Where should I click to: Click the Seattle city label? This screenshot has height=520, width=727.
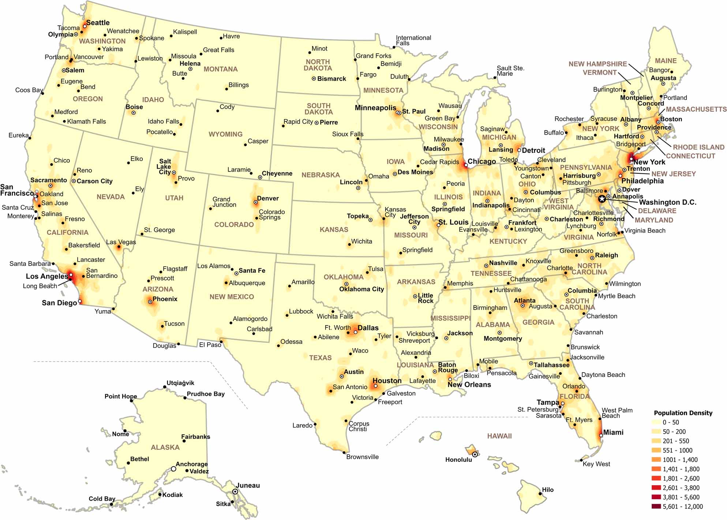98,23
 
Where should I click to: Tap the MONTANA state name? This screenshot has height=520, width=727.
221,69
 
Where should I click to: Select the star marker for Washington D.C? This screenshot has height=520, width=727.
602,199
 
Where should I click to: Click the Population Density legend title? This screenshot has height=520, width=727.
683,413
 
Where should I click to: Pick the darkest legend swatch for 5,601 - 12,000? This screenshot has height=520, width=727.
656,506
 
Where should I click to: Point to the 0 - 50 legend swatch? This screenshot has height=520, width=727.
656,422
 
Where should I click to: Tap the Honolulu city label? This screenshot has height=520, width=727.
458,460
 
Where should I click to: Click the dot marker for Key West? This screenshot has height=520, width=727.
581,460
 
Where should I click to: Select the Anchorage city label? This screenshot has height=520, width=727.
191,464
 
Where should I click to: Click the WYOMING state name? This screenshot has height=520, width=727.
225,134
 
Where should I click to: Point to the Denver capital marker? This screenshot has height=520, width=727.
256,202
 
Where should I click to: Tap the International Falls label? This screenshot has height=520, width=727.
413,40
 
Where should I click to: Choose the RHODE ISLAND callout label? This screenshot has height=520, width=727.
698,147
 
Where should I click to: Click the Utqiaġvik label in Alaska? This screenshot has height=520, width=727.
180,383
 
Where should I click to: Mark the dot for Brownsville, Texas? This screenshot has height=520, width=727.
344,453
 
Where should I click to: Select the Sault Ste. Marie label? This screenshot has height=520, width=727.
510,71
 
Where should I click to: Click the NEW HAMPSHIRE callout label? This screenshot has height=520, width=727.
597,64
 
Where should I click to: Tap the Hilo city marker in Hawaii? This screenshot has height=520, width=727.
540,494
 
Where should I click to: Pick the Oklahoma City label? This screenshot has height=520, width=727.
361,289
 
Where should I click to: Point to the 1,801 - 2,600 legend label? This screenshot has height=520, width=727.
681,478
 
